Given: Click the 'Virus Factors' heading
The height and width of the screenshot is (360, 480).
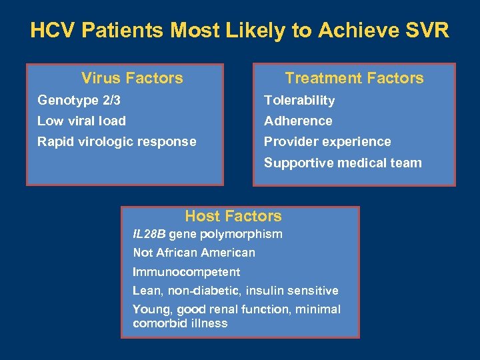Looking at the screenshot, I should click(x=132, y=78).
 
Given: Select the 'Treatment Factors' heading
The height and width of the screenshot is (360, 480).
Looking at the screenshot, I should click(x=354, y=78).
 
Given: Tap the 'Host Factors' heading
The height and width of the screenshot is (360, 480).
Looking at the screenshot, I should click(x=233, y=216).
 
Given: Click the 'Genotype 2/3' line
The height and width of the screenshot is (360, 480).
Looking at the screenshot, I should click(x=79, y=101).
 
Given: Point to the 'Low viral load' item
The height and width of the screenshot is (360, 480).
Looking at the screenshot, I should click(x=81, y=121).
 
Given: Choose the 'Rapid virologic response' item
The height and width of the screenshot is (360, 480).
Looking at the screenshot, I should click(x=117, y=142).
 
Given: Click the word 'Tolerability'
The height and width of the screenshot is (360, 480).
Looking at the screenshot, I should click(x=299, y=101).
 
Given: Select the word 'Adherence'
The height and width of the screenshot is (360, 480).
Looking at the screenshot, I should click(x=298, y=121).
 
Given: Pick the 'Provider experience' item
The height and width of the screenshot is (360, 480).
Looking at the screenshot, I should click(x=327, y=142).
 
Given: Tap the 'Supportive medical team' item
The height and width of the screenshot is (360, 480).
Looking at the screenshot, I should click(x=343, y=163).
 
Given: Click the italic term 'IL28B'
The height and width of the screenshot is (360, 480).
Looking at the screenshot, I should click(x=149, y=234).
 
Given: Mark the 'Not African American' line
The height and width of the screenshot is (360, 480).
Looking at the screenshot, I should click(x=194, y=253).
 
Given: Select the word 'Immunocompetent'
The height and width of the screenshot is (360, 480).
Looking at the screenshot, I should click(x=187, y=272).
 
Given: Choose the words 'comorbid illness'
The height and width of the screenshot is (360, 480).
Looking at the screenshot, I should click(x=180, y=323).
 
